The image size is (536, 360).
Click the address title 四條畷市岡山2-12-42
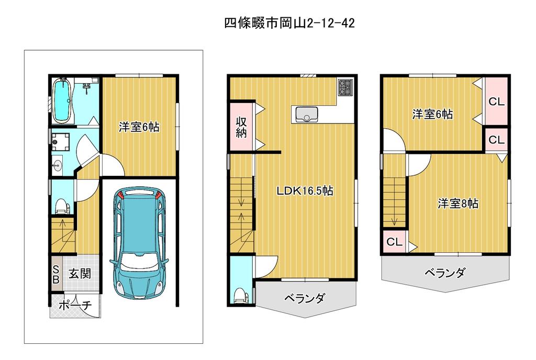[289, 23]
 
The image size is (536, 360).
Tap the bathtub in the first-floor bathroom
[62, 101]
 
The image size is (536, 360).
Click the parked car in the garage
[139, 243]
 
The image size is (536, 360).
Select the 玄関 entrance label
[80, 274]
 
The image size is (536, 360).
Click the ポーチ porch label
[75, 305]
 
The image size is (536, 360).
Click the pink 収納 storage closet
[241, 127]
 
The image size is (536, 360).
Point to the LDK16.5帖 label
[305, 190]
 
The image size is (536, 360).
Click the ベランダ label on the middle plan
[304, 298]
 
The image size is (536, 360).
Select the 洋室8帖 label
[457, 204]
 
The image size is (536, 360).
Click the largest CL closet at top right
[496, 102]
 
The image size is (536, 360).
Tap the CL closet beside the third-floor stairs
[394, 242]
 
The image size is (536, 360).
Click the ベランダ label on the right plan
[445, 273]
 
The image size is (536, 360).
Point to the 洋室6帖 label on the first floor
[139, 127]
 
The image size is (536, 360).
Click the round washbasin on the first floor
[57, 166]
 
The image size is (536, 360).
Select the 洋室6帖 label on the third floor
[432, 114]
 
